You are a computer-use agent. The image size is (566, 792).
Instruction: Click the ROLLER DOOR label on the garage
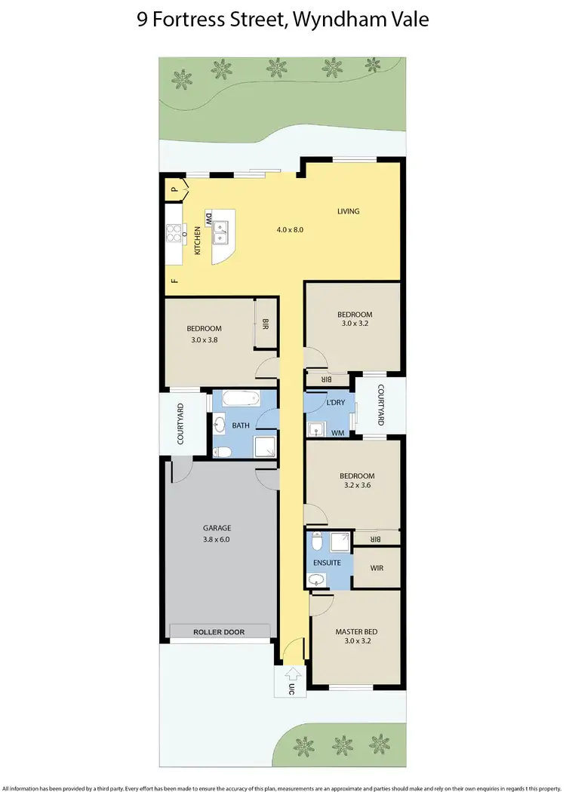219,632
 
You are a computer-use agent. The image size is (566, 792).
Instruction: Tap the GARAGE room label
217,528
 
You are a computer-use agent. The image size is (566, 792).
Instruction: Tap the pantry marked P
174,189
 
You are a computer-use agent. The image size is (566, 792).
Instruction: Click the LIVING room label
348,211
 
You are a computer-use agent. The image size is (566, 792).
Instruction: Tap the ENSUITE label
327,563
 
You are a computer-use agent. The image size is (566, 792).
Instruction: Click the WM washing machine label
337,432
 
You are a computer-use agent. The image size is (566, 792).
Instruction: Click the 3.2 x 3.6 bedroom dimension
357,487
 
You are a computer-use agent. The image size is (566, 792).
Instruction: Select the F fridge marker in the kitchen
174,281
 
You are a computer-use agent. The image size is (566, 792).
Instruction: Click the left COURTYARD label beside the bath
180,424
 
